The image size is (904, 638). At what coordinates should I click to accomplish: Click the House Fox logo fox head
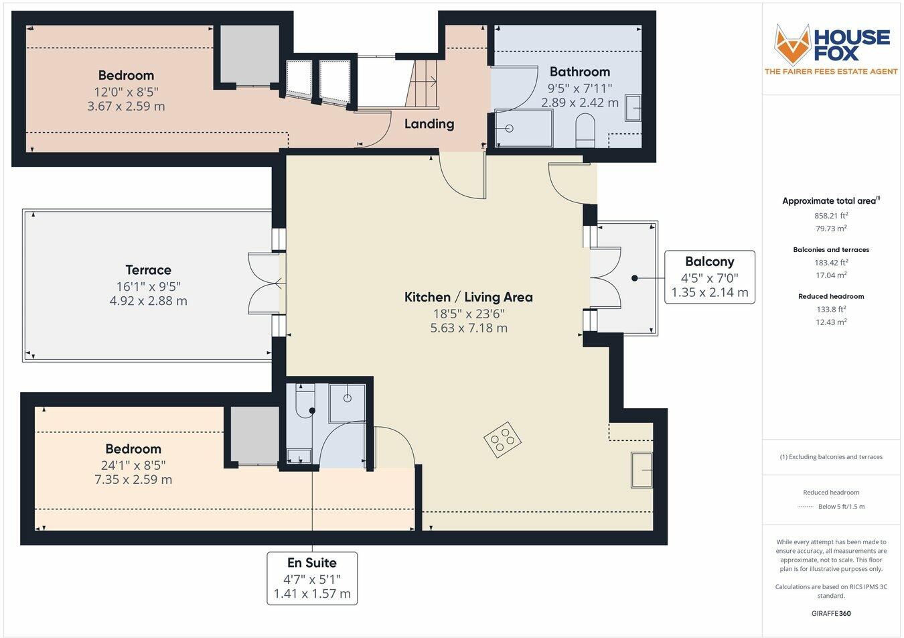[x=792, y=45]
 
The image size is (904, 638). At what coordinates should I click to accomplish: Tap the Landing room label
[x=429, y=124]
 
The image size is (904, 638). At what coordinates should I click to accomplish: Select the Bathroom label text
[x=579, y=72]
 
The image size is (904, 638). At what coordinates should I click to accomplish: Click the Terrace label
[x=148, y=269]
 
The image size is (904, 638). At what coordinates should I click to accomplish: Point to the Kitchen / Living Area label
[x=469, y=297]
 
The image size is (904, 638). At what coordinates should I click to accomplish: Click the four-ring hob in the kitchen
[x=502, y=440]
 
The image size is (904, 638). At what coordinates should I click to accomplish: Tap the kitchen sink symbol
[x=642, y=470]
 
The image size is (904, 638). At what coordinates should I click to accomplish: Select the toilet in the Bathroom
[x=585, y=130]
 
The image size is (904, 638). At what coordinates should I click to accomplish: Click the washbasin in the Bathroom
[x=633, y=108]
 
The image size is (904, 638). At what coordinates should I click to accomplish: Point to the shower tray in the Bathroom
[x=524, y=128]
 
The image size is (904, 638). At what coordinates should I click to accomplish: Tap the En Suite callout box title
[x=312, y=562]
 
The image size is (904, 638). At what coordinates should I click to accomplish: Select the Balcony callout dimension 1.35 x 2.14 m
[x=710, y=292]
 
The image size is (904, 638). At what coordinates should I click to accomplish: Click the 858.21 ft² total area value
[x=831, y=216]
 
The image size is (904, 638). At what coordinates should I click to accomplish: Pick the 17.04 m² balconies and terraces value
[x=831, y=275]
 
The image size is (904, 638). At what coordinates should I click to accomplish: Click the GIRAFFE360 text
[x=831, y=613]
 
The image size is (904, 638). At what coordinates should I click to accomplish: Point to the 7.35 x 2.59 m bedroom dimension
[x=133, y=480]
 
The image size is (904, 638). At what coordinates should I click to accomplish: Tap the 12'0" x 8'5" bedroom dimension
[x=126, y=92]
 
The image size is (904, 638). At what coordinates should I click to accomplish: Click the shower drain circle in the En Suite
[x=347, y=398]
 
